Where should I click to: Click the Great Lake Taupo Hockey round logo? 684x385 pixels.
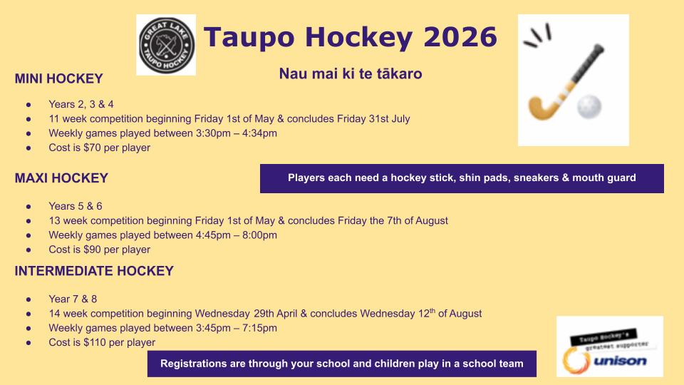click(x=166, y=45)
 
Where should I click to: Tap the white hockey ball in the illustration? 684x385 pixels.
click(x=589, y=106)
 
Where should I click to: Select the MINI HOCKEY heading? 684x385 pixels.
click(x=59, y=78)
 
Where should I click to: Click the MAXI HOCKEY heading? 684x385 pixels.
click(x=61, y=178)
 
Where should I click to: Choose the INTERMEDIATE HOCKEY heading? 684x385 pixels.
click(x=94, y=271)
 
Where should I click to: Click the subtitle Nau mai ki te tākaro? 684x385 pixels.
click(x=351, y=73)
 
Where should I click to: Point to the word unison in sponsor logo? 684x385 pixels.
click(x=620, y=361)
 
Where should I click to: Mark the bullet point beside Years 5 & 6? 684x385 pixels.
click(x=28, y=207)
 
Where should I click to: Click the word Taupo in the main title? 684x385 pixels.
click(x=249, y=38)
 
